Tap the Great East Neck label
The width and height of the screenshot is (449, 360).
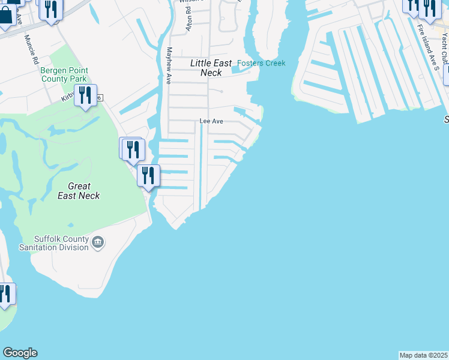79,191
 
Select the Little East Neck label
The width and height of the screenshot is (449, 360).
206,68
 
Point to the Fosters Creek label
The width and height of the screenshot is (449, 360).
261,63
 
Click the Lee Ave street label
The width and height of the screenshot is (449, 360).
211,121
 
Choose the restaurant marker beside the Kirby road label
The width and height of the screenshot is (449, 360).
85,95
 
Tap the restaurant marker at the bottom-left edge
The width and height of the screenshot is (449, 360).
5,294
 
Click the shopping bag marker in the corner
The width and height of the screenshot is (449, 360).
5,16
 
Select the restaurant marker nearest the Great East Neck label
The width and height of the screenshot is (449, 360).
148,175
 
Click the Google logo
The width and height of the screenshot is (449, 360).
20,353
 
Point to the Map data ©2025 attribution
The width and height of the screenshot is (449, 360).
423,355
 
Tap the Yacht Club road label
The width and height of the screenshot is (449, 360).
444,48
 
